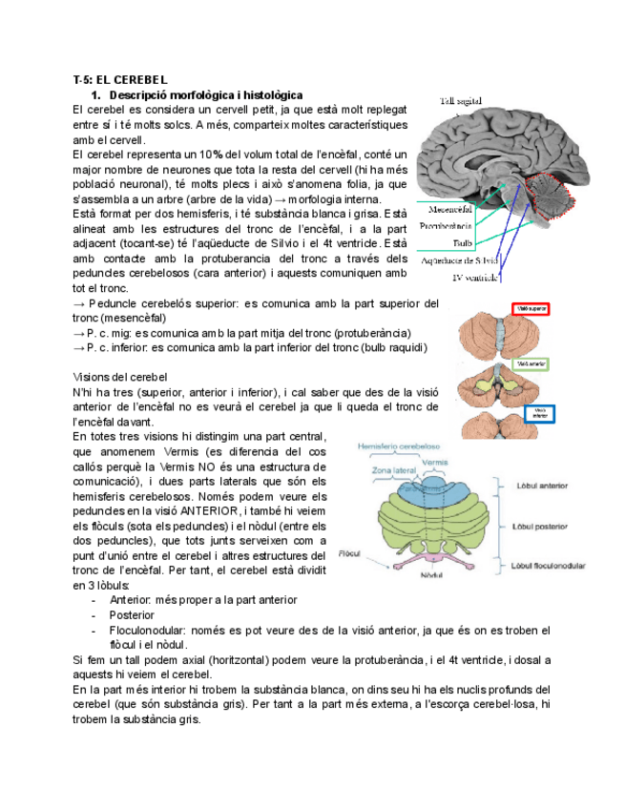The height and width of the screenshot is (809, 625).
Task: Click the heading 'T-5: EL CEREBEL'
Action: pyautogui.click(x=120, y=80)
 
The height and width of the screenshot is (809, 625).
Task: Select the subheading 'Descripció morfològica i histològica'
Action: pyautogui.click(x=206, y=95)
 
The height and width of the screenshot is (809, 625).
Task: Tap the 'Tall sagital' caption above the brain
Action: pyautogui.click(x=461, y=100)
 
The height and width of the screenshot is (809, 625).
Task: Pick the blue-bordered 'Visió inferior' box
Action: pyautogui.click(x=540, y=412)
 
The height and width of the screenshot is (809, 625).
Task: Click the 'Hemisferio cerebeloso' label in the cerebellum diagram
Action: pyautogui.click(x=399, y=446)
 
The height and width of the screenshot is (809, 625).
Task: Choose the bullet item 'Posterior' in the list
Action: pyautogui.click(x=134, y=615)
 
